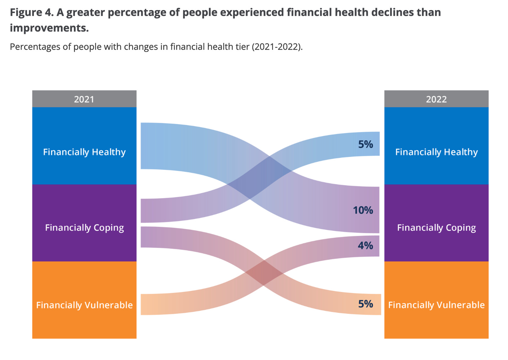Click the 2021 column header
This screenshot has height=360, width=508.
(84, 99)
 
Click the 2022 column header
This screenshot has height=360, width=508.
(436, 99)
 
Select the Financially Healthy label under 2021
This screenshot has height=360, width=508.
(84, 152)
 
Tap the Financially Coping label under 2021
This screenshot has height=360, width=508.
(84, 228)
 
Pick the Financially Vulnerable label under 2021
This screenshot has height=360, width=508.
(84, 305)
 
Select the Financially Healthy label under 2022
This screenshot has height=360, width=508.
(436, 152)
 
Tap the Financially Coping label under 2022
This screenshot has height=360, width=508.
(436, 228)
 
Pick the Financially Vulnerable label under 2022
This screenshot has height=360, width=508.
(436, 305)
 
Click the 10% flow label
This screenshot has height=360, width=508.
(363, 210)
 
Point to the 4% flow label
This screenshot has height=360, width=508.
(365, 246)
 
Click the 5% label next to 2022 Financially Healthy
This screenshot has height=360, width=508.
(365, 144)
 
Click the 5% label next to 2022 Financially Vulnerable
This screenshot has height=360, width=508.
(365, 304)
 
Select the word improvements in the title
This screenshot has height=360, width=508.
(49, 28)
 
